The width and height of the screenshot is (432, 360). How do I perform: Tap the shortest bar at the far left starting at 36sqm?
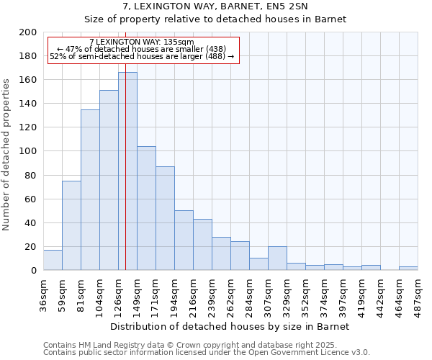click(x=53, y=260)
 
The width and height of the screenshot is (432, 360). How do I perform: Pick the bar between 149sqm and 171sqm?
click(x=146, y=208)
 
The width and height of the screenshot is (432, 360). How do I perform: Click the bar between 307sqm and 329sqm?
click(x=277, y=258)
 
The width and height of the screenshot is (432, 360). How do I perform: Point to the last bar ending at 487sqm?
click(x=408, y=269)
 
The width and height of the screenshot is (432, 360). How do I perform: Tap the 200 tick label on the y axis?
click(x=28, y=32)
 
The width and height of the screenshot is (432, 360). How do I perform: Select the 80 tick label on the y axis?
click(x=31, y=175)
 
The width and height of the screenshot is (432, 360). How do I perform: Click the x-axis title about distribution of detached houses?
click(x=230, y=326)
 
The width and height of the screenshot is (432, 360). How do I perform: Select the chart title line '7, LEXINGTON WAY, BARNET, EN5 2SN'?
click(x=215, y=6)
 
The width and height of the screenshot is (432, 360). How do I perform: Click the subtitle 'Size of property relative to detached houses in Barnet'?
click(x=215, y=19)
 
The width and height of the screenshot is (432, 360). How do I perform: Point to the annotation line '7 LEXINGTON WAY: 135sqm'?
click(x=142, y=42)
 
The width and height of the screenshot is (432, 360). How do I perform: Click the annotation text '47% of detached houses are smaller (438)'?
click(x=142, y=50)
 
